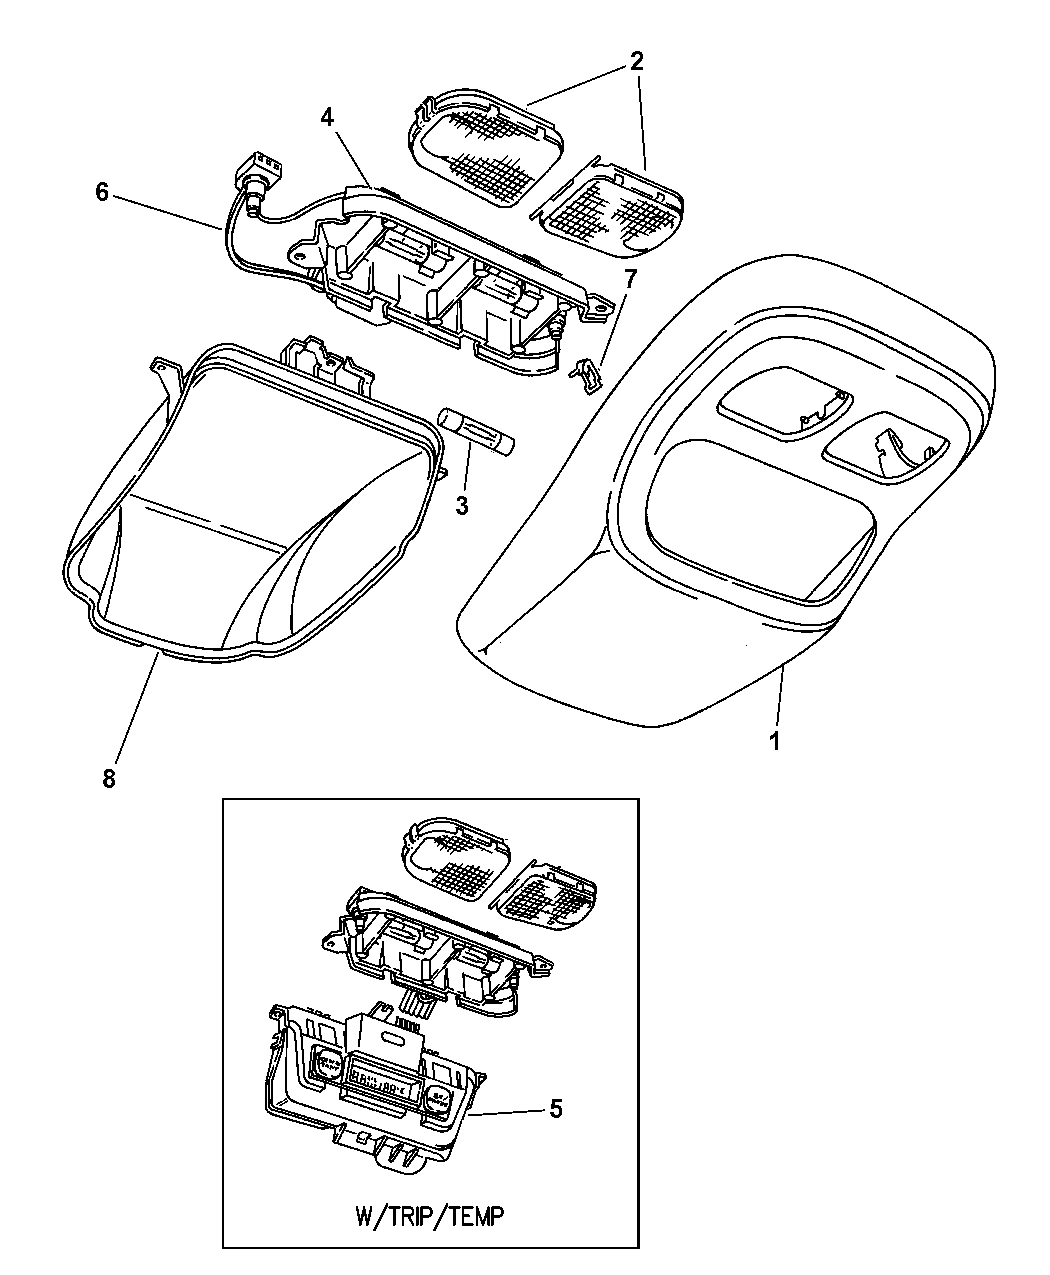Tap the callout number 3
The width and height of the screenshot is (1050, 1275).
click(x=461, y=506)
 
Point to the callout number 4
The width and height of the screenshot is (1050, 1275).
click(x=327, y=118)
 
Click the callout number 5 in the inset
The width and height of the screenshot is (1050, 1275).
click(x=557, y=1108)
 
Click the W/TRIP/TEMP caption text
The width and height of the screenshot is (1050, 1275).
click(x=430, y=1215)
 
